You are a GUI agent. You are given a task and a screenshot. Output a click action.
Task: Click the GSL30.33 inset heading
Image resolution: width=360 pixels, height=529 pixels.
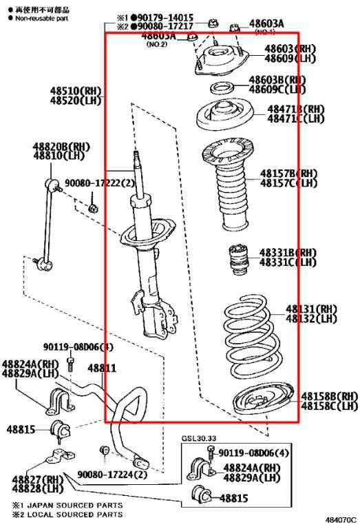click(x=199, y=437)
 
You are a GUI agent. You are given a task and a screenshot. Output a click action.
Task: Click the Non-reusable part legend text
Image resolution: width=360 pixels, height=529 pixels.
click(x=37, y=19)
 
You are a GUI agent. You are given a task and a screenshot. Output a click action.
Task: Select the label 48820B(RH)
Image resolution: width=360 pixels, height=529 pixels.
click(x=61, y=147)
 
